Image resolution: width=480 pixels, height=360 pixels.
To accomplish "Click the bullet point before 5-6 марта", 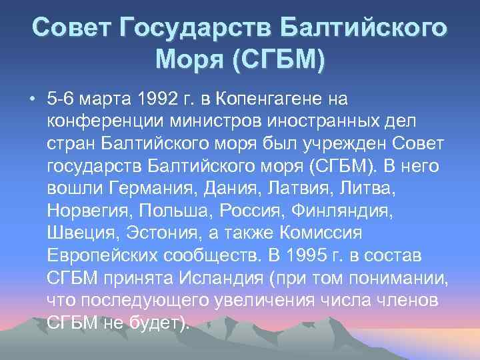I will pos(32,100).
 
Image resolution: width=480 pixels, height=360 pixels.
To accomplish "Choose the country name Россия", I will pos(247,213).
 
